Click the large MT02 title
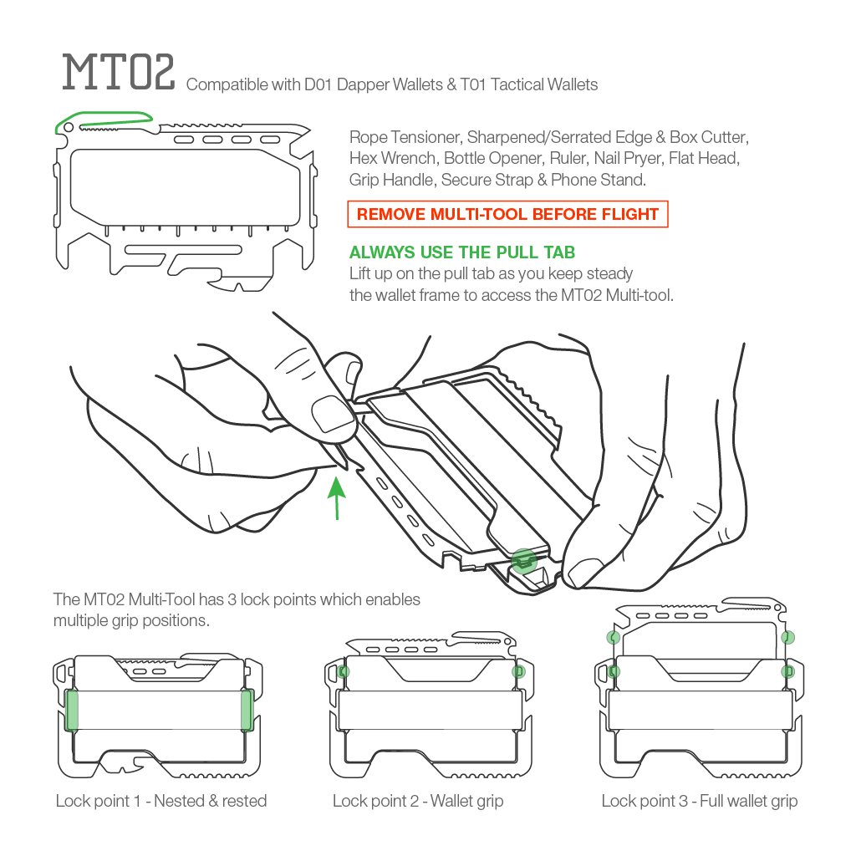point(119,74)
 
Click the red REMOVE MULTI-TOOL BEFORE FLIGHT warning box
point(507,214)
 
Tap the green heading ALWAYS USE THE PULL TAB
point(461,252)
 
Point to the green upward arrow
point(336,497)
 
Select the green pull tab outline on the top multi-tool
point(104,120)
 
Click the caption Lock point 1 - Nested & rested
point(161,801)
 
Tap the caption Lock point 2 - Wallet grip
point(418,801)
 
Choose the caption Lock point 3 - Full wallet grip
point(700,801)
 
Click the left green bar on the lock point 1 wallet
point(72,710)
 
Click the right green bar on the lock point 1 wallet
point(247,710)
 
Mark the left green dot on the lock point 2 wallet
point(342,671)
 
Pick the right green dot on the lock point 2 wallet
point(518,671)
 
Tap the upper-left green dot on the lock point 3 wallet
point(613,638)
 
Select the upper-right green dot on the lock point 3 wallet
point(787,638)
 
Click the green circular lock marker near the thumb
point(523,560)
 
